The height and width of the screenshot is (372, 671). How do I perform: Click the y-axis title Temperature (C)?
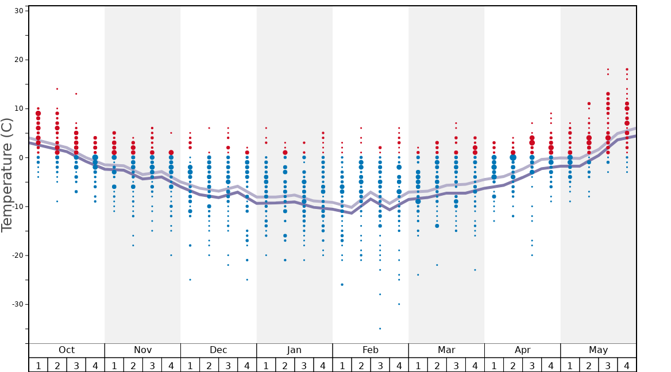click(x=7, y=174)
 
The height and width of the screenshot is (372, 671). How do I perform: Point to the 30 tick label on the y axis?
click(x=18, y=11)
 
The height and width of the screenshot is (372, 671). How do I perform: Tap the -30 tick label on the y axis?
click(x=16, y=304)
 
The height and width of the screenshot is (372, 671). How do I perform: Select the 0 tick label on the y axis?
click(x=21, y=158)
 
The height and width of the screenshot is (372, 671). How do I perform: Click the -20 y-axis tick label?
click(x=16, y=255)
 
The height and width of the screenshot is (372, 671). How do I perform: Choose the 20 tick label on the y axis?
click(x=18, y=60)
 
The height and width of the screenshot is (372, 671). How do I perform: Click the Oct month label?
click(x=67, y=350)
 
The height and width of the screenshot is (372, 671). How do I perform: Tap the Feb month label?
click(x=371, y=350)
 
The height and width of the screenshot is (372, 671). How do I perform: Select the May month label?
click(x=598, y=350)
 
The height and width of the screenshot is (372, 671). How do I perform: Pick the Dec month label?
click(x=218, y=350)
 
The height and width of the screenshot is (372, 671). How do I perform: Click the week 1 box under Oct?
click(x=38, y=365)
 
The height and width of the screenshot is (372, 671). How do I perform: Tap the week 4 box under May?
click(x=627, y=365)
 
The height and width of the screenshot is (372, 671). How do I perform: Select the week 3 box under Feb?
click(x=380, y=365)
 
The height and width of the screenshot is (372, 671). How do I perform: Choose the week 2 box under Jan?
click(x=285, y=365)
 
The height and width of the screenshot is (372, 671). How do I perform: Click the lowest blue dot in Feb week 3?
click(x=380, y=328)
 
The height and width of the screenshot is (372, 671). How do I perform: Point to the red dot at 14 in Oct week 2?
click(x=57, y=89)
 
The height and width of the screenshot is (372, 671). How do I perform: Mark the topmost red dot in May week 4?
click(x=627, y=69)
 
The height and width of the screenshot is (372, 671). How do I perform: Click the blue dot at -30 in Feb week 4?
click(x=399, y=304)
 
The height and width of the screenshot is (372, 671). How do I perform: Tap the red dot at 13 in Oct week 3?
click(x=76, y=94)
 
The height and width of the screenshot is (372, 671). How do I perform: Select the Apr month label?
click(x=522, y=350)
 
